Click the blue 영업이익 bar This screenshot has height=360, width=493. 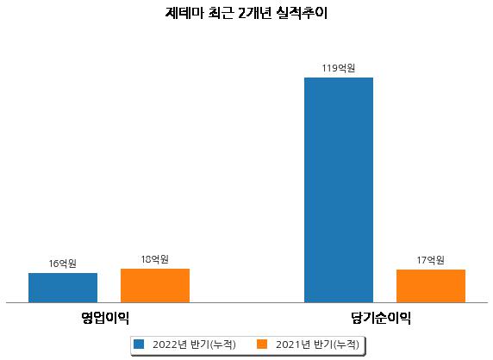click(63, 288)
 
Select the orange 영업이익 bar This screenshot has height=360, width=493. click(155, 286)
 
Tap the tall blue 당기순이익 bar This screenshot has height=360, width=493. click(339, 190)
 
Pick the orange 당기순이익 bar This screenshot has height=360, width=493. click(431, 286)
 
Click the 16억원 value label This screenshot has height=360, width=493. click(63, 264)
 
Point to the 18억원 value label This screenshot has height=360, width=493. click(155, 259)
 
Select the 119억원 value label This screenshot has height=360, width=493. click(339, 68)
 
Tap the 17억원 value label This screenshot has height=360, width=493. click(431, 260)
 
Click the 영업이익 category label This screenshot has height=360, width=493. click(105, 318)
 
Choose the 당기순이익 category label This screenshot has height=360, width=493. click(381, 318)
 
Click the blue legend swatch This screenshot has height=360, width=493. click(139, 344)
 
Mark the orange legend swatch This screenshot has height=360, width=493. click(262, 344)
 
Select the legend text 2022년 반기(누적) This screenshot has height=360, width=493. click(194, 344)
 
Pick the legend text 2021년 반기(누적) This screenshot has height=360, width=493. click(317, 344)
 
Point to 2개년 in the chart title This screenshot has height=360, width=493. click(254, 13)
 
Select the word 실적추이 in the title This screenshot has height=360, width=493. click(302, 13)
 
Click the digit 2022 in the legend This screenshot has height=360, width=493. click(165, 344)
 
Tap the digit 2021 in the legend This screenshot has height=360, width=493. click(289, 344)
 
